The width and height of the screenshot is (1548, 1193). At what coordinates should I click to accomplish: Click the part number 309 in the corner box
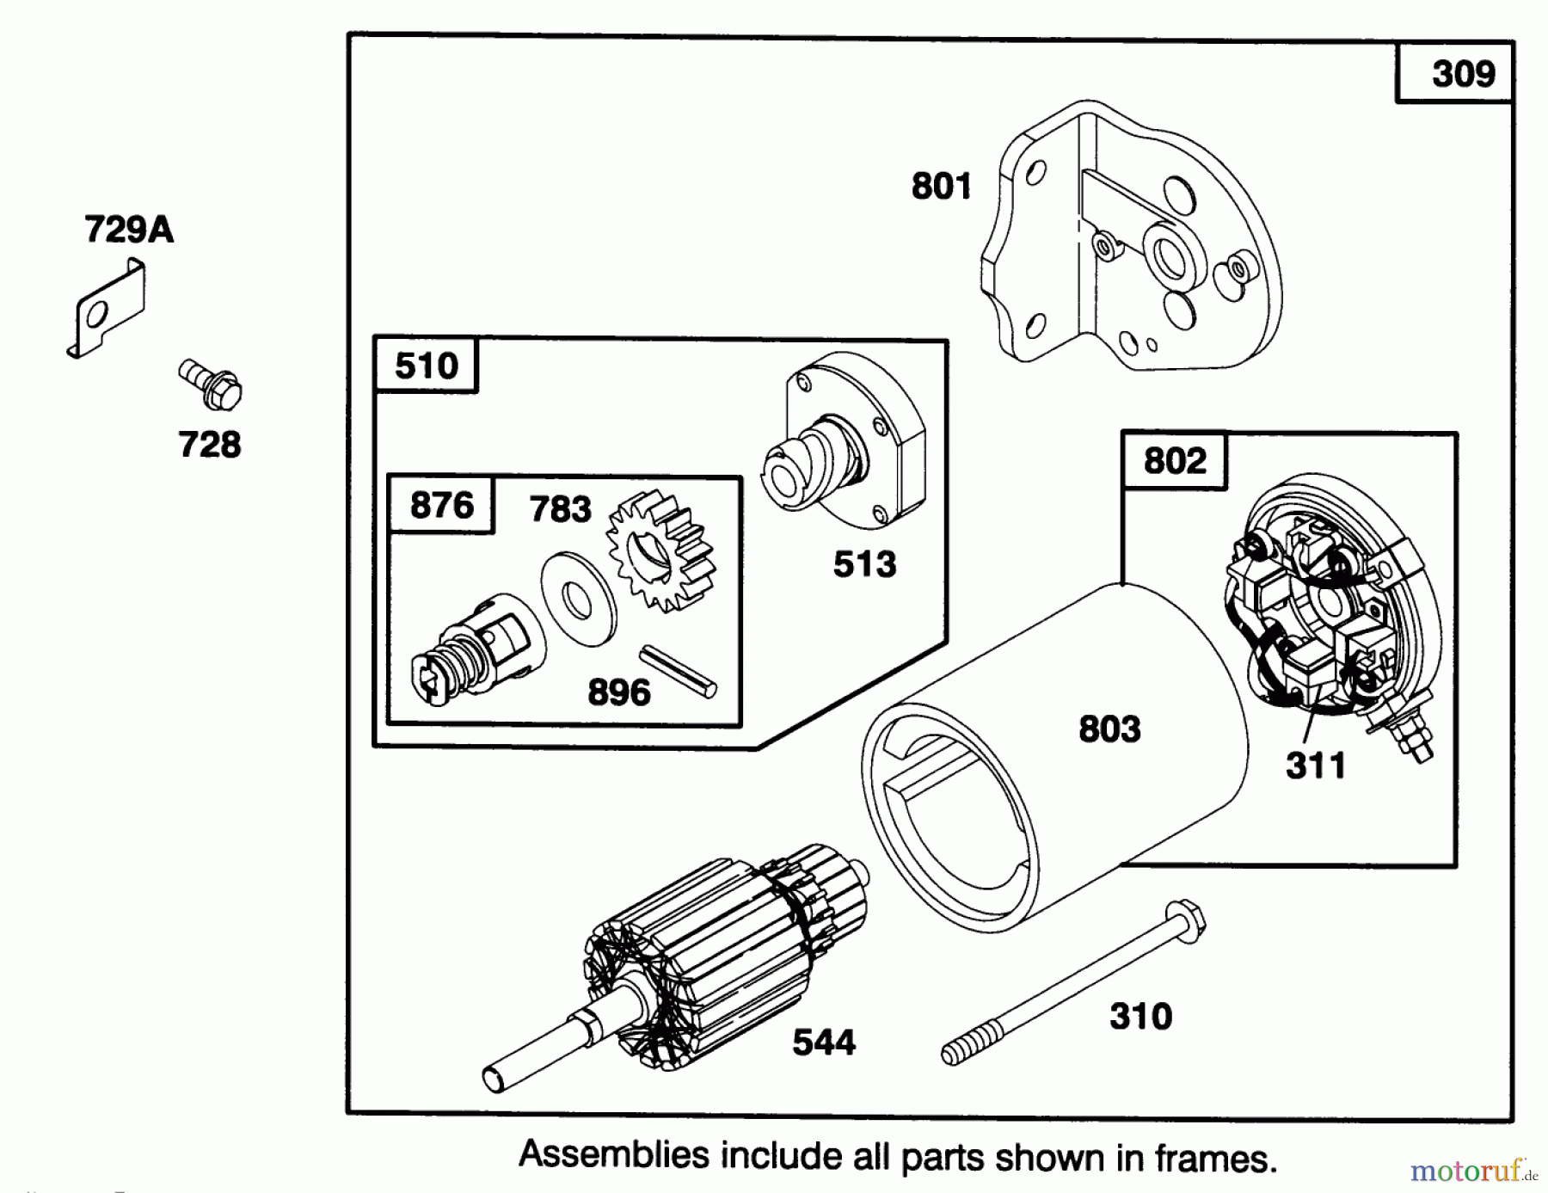coord(1463,74)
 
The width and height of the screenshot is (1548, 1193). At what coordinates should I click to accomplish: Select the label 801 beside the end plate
coord(941,186)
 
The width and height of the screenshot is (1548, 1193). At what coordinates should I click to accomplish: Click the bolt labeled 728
coord(211,384)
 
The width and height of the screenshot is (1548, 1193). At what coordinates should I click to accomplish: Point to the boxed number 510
coord(426,366)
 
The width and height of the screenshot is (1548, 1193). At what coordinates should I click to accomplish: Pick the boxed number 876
coord(441,505)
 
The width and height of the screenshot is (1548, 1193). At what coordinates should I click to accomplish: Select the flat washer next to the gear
coord(579,600)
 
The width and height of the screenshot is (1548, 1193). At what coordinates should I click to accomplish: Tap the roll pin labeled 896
coord(678,672)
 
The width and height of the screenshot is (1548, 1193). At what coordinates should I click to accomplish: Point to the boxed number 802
coord(1175,461)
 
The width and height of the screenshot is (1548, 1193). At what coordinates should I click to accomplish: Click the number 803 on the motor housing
coord(1109,729)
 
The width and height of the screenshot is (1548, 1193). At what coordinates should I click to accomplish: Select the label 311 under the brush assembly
coord(1315,765)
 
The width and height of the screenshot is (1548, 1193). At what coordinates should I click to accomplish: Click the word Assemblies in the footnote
coord(613,1154)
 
